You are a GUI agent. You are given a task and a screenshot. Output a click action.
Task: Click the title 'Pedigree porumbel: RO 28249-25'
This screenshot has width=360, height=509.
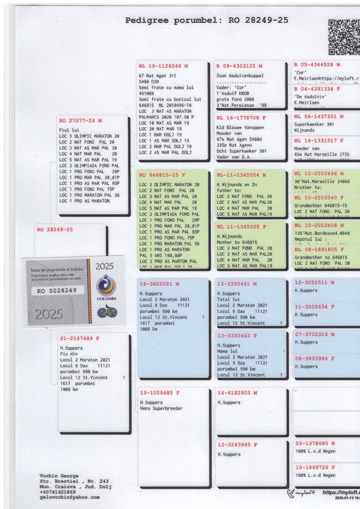click(207, 20)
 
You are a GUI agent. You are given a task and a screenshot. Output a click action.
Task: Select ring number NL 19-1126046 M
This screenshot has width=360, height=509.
click(163, 66)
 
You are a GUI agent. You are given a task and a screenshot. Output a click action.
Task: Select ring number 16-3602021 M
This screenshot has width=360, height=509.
click(159, 284)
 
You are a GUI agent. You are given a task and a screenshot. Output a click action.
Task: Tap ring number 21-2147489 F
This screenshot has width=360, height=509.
click(80, 338)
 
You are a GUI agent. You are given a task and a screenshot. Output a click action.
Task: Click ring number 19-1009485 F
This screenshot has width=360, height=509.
click(159, 393)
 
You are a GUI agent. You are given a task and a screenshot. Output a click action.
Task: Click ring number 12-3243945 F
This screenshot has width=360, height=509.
click(237, 445)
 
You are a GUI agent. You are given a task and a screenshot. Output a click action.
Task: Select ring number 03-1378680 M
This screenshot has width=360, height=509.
click(315, 443)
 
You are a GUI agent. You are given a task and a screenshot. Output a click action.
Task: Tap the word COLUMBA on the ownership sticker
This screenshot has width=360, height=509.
click(107, 298)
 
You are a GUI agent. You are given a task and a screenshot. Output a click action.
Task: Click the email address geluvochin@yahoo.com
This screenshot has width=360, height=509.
click(70, 497)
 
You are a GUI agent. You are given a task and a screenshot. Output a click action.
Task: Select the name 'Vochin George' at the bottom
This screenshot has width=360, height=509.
click(59, 476)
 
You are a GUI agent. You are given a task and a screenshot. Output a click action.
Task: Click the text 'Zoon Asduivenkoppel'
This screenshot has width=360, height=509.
click(240, 76)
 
